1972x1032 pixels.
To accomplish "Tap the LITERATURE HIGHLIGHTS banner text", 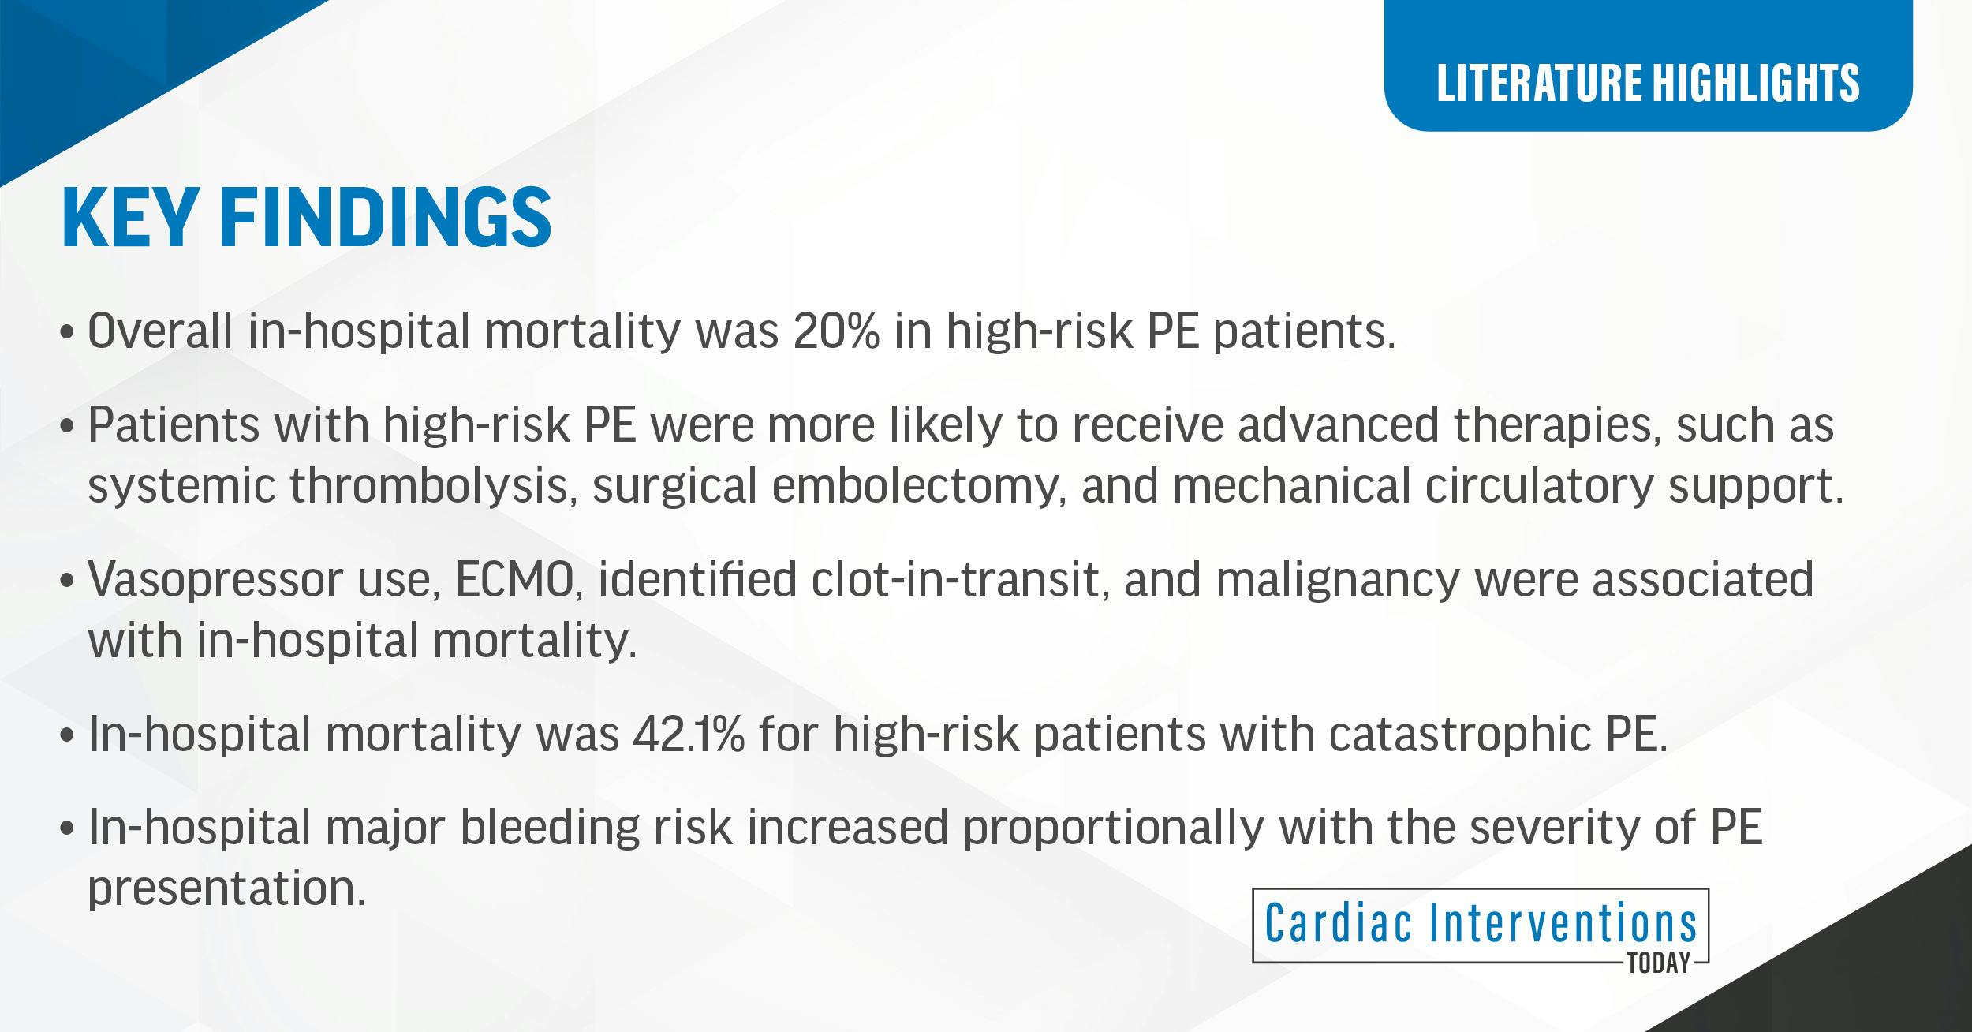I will coord(1648,83).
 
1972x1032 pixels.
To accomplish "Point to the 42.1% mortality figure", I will coord(688,734).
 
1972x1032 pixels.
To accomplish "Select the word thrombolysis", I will coord(429,486).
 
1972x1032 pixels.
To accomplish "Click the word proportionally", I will coord(1113,828).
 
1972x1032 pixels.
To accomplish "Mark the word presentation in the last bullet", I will coord(226,889).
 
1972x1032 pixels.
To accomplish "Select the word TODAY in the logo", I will coord(1659,964).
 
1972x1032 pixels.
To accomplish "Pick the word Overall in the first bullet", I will coord(160,331).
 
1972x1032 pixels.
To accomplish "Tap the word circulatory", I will coord(1538,486).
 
